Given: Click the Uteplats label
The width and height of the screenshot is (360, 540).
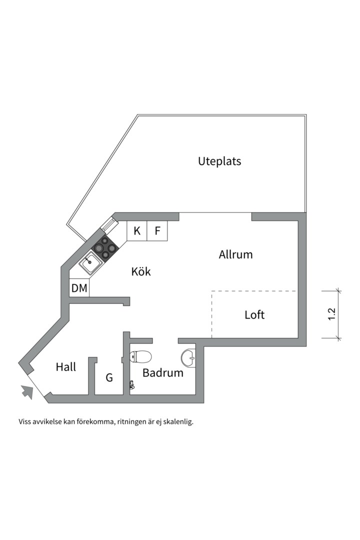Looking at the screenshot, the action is (219, 161).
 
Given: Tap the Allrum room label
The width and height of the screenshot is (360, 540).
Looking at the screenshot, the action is (235, 254).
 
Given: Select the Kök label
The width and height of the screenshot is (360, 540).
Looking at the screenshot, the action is (141, 271).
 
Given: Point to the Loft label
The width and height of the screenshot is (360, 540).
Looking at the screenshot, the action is (254, 315).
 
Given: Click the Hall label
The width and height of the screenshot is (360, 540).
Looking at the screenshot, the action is (66, 367).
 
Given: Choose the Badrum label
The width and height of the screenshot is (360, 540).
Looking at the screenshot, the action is (163, 372).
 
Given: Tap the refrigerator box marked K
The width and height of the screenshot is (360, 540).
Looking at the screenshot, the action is (137, 230).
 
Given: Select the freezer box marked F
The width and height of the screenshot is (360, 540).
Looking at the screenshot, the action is (157, 230).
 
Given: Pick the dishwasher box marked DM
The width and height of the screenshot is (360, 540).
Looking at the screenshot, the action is (79, 287).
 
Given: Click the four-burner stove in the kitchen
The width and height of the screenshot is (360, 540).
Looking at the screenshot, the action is (105, 247).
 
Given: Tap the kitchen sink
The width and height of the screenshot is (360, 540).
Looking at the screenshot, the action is (90, 263).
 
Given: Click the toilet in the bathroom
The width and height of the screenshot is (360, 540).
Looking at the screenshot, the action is (140, 356).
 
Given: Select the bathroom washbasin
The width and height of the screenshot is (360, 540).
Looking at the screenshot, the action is (188, 357).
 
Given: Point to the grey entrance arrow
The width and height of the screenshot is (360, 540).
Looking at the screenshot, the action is (27, 391).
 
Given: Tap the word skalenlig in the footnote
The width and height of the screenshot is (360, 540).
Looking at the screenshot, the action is (180, 422).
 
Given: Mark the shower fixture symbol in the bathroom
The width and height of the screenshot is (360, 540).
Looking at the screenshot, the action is (131, 384).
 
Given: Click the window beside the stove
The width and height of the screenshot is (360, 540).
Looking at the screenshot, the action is (109, 225).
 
